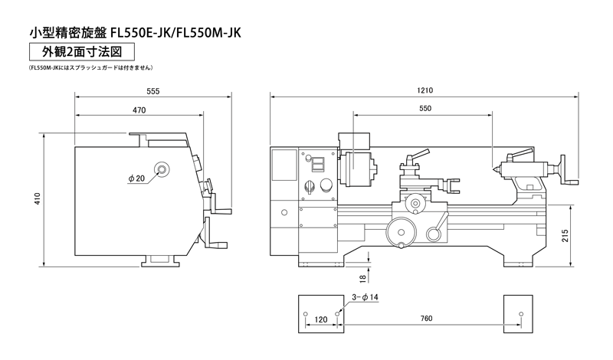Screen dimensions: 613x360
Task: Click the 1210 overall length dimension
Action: [x=425, y=90]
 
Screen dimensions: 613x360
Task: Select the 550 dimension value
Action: [x=425, y=108]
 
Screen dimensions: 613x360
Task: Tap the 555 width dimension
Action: [x=152, y=91]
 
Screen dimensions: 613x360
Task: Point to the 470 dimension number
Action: [x=139, y=110]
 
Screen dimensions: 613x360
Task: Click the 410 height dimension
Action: [x=38, y=199]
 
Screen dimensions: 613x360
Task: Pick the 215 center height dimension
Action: [x=565, y=236]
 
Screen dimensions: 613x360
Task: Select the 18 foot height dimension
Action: [x=362, y=278]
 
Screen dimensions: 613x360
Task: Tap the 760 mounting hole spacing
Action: [x=426, y=319]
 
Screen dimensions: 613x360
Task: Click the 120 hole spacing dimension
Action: [x=320, y=319]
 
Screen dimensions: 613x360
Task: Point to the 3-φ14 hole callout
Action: [x=365, y=297]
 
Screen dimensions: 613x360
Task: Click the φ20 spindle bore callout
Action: [x=136, y=178]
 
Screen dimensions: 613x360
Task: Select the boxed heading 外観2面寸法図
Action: [x=82, y=51]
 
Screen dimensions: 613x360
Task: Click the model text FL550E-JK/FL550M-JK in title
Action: [x=175, y=33]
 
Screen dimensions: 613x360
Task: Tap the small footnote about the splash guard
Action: [x=90, y=67]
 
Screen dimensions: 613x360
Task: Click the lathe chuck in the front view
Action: [x=358, y=169]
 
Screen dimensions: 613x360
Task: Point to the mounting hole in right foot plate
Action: [x=520, y=314]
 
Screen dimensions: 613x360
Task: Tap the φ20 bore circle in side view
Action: [x=162, y=169]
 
